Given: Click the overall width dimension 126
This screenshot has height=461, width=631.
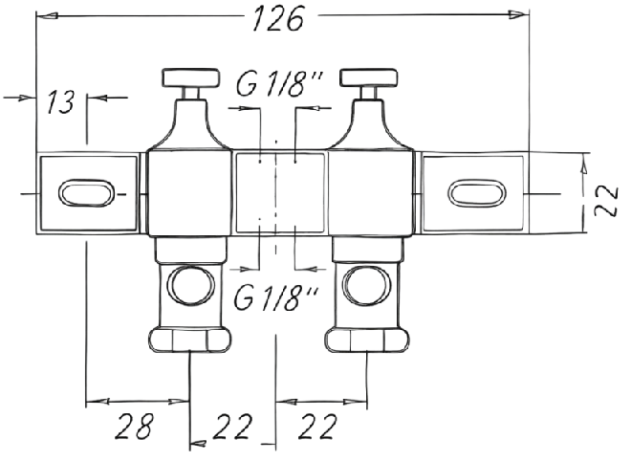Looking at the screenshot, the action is pos(277,18).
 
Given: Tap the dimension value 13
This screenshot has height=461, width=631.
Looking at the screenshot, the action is pos(61,102).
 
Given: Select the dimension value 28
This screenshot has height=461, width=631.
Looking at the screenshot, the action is pos(135,427).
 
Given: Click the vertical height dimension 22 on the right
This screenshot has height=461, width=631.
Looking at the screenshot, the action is pos(606,201).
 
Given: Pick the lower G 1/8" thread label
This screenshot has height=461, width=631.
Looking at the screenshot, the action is pos(276,297).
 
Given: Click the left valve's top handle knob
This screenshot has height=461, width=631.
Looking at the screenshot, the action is pos(191,77).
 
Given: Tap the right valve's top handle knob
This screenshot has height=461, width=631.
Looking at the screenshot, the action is pos(369,77).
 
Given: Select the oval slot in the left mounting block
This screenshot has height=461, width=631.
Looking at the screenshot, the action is pos(86,193).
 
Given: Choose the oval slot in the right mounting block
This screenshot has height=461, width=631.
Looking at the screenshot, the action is pos(477,193).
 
